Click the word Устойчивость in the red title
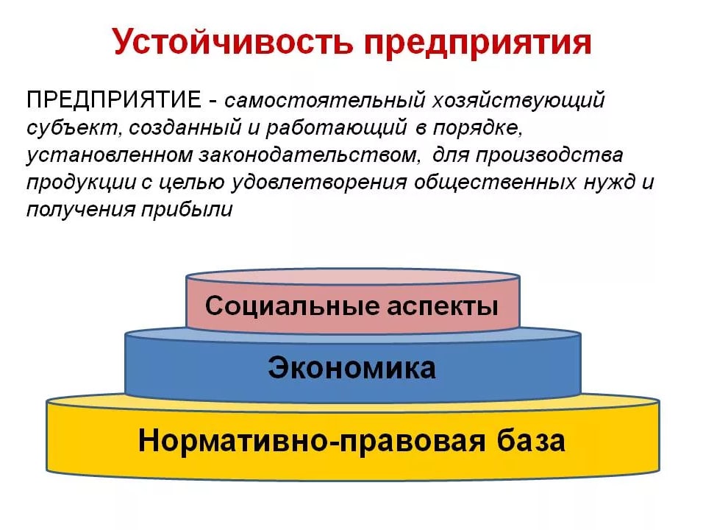[232, 42]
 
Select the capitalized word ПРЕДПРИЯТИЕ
[114, 99]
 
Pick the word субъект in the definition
[74, 128]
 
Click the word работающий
[336, 128]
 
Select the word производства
[549, 155]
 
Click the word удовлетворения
[318, 183]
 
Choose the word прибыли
[187, 210]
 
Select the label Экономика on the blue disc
[352, 368]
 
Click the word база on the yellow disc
[531, 440]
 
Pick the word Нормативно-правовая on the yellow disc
[312, 441]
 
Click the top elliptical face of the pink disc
[353, 277]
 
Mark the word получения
[81, 210]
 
